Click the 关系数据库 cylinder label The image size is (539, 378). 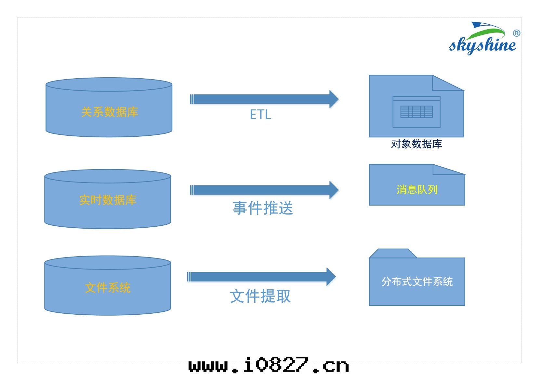[x=110, y=112]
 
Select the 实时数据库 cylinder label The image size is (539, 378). [x=108, y=200]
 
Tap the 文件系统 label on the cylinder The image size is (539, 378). [x=108, y=288]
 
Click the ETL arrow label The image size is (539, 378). [x=260, y=115]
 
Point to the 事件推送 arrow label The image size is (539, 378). [x=263, y=208]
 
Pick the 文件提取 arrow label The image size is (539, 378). [x=260, y=296]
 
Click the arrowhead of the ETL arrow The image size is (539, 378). [x=334, y=99]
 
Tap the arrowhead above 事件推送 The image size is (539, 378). [x=334, y=190]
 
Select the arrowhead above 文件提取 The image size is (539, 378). [x=331, y=277]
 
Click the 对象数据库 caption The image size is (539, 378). [x=416, y=144]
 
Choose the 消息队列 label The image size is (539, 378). [x=417, y=190]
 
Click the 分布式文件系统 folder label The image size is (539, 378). [x=417, y=282]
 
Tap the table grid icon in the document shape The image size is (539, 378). [x=416, y=112]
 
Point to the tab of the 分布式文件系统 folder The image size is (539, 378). [x=393, y=253]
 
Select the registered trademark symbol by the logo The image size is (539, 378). [x=516, y=33]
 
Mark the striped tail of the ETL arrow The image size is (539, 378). [x=192, y=99]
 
